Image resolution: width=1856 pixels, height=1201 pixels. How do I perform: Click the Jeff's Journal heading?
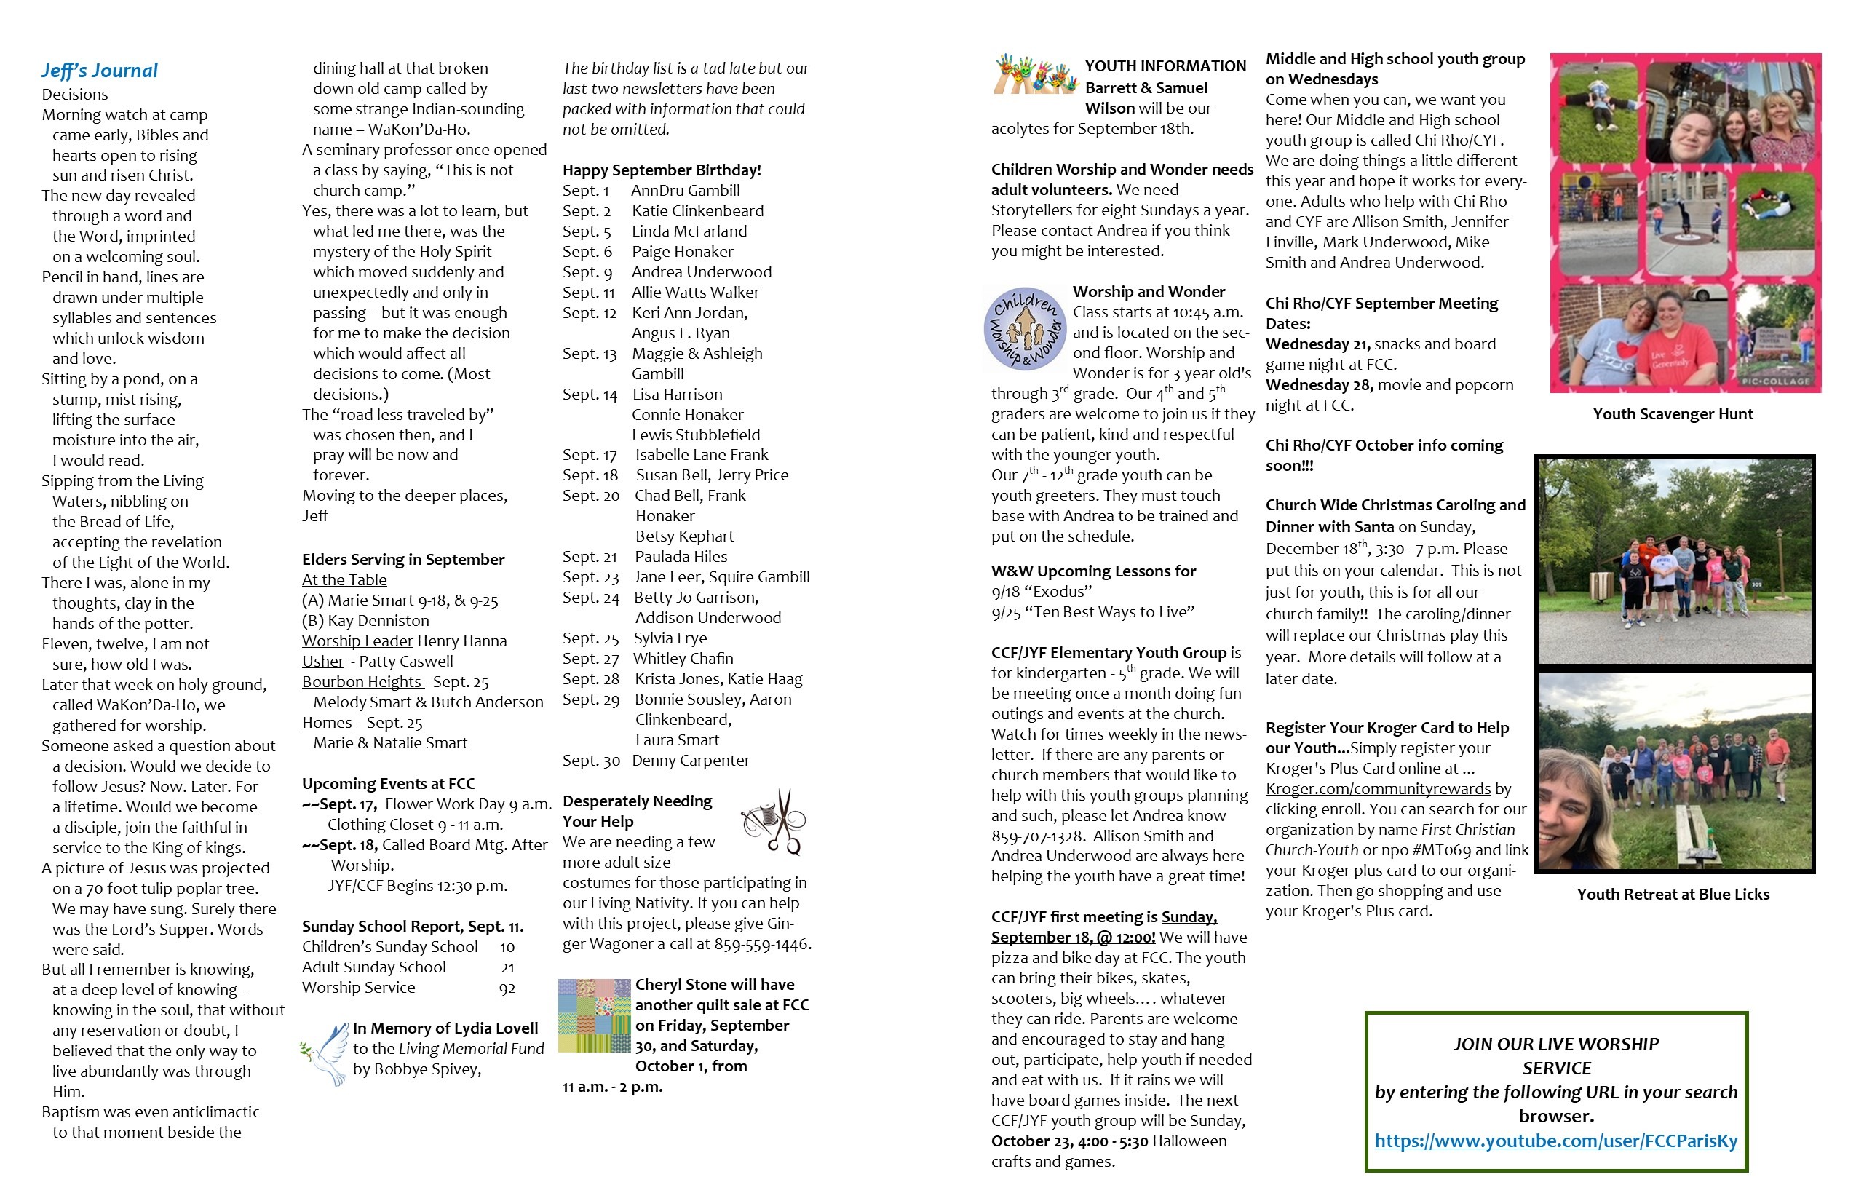click(x=100, y=71)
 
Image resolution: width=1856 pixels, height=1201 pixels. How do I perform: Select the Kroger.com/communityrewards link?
click(x=1378, y=788)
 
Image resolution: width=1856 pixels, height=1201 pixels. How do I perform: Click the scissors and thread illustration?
click(x=774, y=821)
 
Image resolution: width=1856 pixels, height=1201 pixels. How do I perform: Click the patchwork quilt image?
click(x=594, y=1015)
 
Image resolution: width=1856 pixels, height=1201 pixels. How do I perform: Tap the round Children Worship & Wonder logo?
click(x=1025, y=328)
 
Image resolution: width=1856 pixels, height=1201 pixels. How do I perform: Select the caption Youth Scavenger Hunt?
click(x=1673, y=414)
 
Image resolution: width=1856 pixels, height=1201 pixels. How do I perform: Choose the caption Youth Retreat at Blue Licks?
click(x=1673, y=895)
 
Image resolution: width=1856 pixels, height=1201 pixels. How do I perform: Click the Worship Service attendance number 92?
click(x=507, y=988)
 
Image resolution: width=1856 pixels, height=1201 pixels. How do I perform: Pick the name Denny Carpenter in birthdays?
click(x=691, y=761)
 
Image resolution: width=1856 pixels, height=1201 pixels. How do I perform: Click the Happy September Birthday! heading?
click(x=662, y=170)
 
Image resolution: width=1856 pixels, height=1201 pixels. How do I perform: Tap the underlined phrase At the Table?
click(x=344, y=579)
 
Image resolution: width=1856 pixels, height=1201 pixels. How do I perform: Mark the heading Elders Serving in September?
click(x=403, y=559)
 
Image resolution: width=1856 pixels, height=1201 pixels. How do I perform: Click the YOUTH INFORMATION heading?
click(x=1165, y=66)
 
